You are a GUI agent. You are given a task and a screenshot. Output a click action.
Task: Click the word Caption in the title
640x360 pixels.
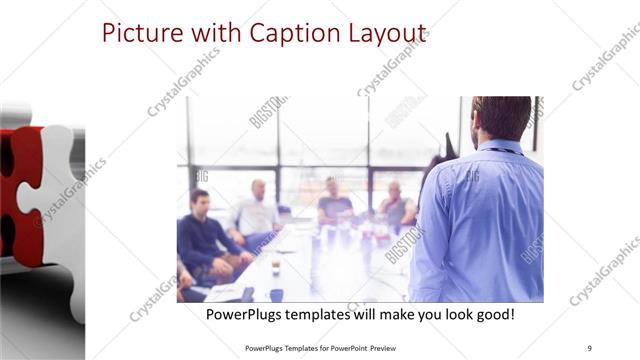(291, 34)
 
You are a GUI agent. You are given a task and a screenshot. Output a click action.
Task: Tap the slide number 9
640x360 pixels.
(589, 348)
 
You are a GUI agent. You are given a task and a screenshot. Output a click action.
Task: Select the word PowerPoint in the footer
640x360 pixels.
(341, 348)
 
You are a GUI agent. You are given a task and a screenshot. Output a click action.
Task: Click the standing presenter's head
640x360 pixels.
(501, 118)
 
